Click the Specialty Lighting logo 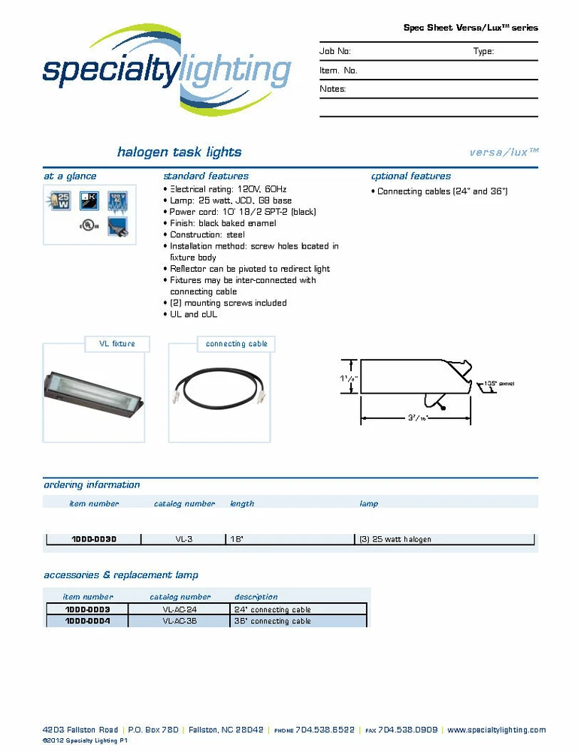(167, 71)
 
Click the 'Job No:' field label (335, 52)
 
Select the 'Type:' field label (483, 52)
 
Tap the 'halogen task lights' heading (179, 152)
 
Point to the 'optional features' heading (411, 176)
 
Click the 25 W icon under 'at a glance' (58, 201)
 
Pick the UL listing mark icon (88, 226)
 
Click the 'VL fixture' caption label (117, 344)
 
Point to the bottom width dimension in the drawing (415, 418)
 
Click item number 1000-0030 (94, 539)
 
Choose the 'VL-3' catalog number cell (184, 539)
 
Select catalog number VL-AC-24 (180, 610)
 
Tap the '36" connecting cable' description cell (273, 621)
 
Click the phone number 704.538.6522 (325, 730)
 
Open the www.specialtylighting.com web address (496, 730)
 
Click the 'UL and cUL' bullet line (191, 315)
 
